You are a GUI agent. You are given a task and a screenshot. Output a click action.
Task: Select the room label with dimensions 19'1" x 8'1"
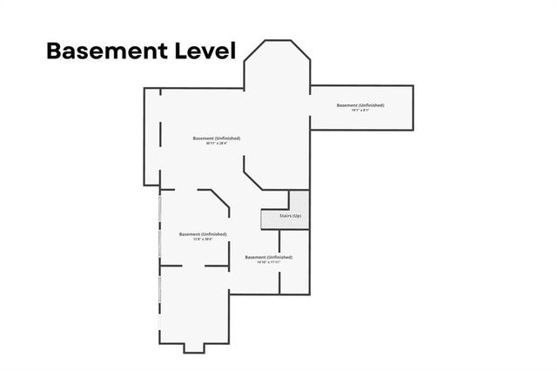pyautogui.click(x=360, y=105)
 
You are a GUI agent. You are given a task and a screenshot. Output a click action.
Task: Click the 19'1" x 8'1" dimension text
pyautogui.click(x=360, y=111)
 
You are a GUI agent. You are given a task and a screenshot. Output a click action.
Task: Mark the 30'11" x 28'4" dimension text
pyautogui.click(x=217, y=144)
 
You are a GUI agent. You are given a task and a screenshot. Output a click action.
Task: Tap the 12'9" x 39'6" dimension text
pyautogui.click(x=203, y=239)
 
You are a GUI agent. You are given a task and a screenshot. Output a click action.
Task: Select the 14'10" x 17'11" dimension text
pyautogui.click(x=268, y=263)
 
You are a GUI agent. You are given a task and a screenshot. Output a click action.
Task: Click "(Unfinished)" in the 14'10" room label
pyautogui.click(x=278, y=258)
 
